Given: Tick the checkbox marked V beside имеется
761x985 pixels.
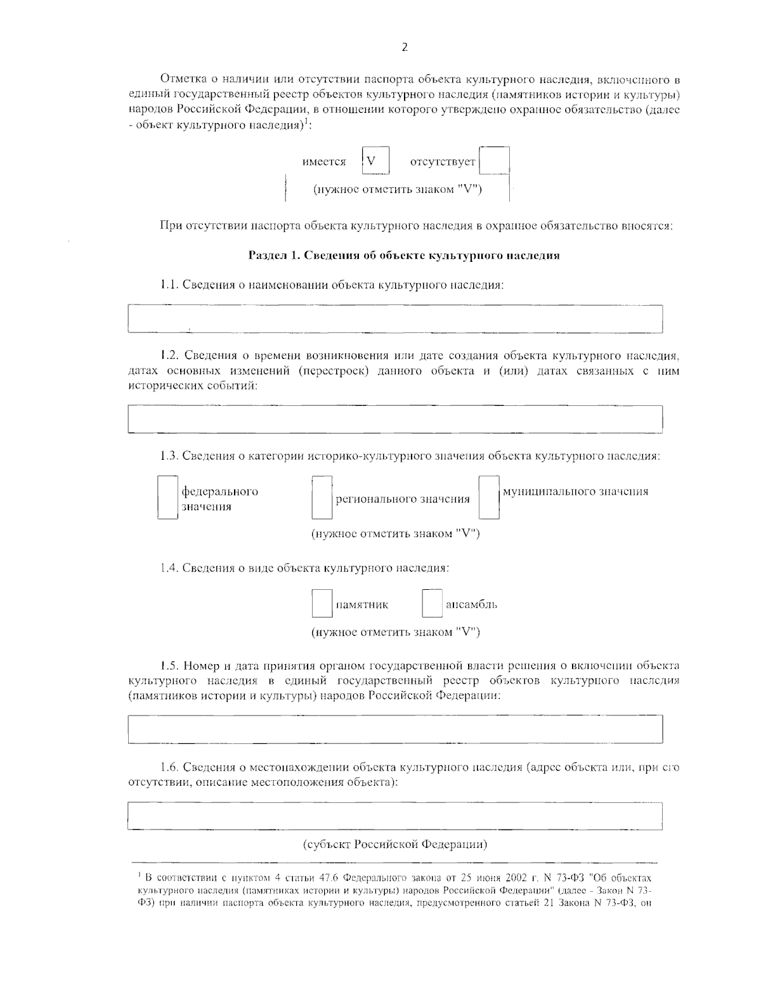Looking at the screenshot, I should [375, 160].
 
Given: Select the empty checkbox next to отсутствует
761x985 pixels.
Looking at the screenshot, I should [495, 161].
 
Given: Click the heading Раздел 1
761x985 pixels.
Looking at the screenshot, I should [403, 256].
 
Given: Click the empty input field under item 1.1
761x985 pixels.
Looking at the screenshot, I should [395, 319].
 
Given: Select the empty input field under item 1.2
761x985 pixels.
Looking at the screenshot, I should [395, 419].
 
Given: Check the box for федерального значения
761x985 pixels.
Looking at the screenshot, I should [168, 498].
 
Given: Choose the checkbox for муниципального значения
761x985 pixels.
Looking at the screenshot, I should [489, 498].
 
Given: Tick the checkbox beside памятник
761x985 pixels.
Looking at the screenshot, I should [322, 604].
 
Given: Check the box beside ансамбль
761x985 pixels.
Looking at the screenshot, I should [432, 604].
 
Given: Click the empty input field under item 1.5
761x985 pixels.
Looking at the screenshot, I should [395, 729].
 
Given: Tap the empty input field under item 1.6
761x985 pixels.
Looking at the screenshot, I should [395, 816].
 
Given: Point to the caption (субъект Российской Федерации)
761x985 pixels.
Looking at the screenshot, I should [394, 845].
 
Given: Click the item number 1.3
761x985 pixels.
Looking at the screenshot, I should [169, 456].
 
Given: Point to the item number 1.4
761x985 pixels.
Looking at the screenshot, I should [169, 568].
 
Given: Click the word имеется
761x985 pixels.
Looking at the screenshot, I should [324, 162].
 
